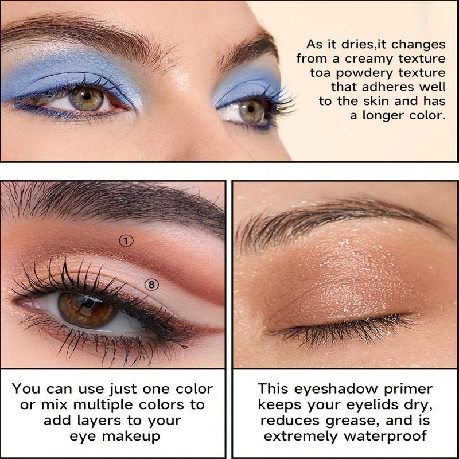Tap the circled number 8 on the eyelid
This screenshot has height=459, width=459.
[x=151, y=284]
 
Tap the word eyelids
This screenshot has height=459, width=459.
[x=370, y=404]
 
